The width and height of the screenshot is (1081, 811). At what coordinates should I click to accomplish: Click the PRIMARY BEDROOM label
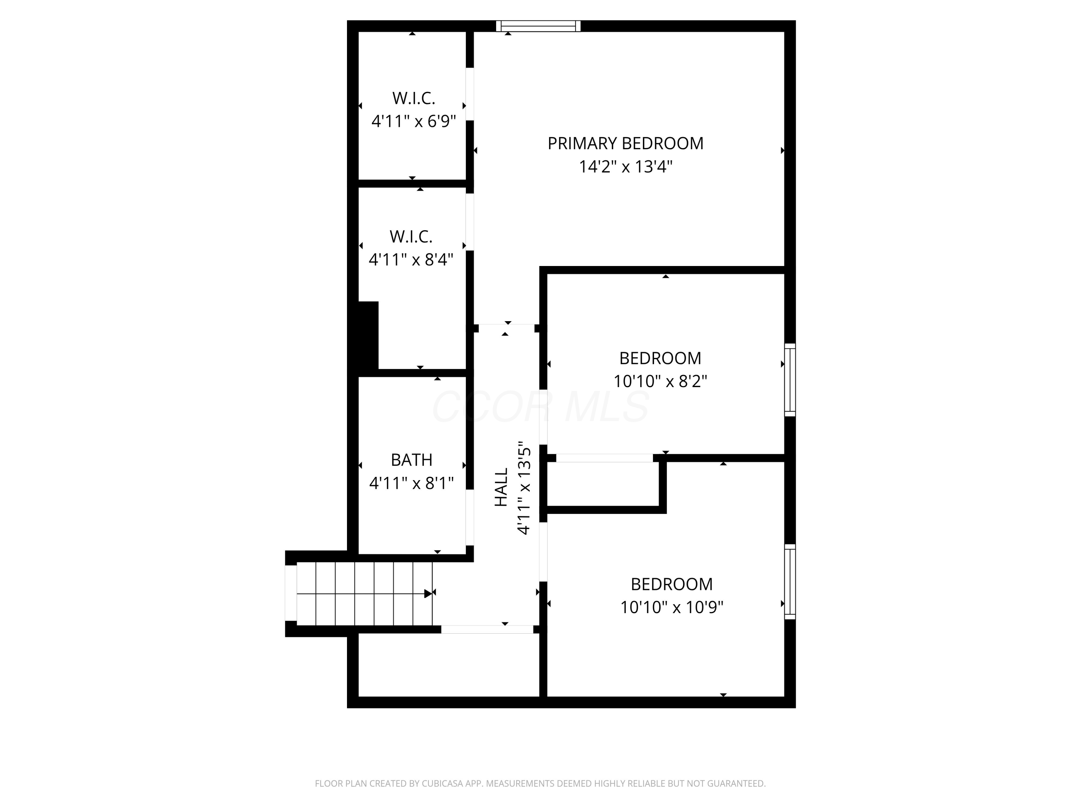pyautogui.click(x=625, y=143)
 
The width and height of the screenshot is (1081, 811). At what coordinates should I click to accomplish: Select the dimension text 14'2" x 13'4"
pyautogui.click(x=626, y=167)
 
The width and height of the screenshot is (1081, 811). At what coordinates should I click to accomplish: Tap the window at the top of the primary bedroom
pyautogui.click(x=538, y=26)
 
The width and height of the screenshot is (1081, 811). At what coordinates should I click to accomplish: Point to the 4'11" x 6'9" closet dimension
pyautogui.click(x=413, y=121)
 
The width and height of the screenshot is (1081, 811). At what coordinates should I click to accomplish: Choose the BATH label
pyautogui.click(x=411, y=460)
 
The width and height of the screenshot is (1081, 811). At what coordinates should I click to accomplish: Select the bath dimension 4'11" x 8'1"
pyautogui.click(x=411, y=483)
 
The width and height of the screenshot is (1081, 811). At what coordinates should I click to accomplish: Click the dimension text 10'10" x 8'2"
pyautogui.click(x=660, y=381)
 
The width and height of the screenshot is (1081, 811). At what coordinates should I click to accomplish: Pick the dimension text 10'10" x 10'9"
pyautogui.click(x=671, y=607)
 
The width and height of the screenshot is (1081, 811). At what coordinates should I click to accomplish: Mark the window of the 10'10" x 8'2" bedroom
pyautogui.click(x=790, y=380)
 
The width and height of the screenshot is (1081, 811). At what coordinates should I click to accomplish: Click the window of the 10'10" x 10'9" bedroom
pyautogui.click(x=790, y=582)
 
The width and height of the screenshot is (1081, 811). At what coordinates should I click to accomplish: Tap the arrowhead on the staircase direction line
pyautogui.click(x=428, y=593)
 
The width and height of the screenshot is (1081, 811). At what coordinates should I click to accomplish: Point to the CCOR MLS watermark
pyautogui.click(x=540, y=407)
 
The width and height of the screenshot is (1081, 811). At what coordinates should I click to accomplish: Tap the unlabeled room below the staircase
pyautogui.click(x=448, y=665)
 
